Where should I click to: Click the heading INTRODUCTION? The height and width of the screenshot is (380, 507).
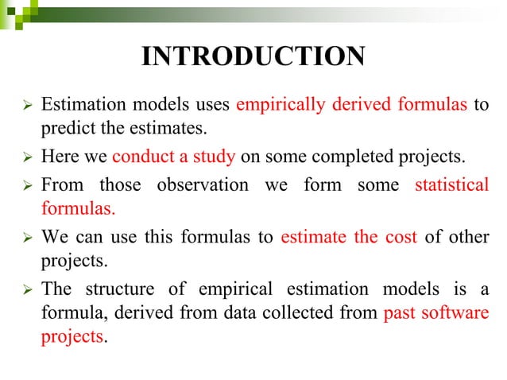pyautogui.click(x=253, y=56)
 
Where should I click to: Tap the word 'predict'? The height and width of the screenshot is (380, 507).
pyautogui.click(x=64, y=127)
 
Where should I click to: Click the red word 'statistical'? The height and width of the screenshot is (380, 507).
pyautogui.click(x=451, y=185)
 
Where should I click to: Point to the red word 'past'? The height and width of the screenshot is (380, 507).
pyautogui.click(x=398, y=313)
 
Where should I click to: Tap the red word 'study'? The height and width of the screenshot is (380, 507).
pyautogui.click(x=215, y=156)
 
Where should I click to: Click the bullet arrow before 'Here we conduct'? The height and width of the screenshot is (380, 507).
pyautogui.click(x=26, y=157)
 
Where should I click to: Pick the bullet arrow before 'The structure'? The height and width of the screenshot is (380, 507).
pyautogui.click(x=26, y=289)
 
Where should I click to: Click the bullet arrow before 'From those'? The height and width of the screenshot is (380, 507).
pyautogui.click(x=26, y=186)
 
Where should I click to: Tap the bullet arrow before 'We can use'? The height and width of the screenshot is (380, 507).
pyautogui.click(x=26, y=237)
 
